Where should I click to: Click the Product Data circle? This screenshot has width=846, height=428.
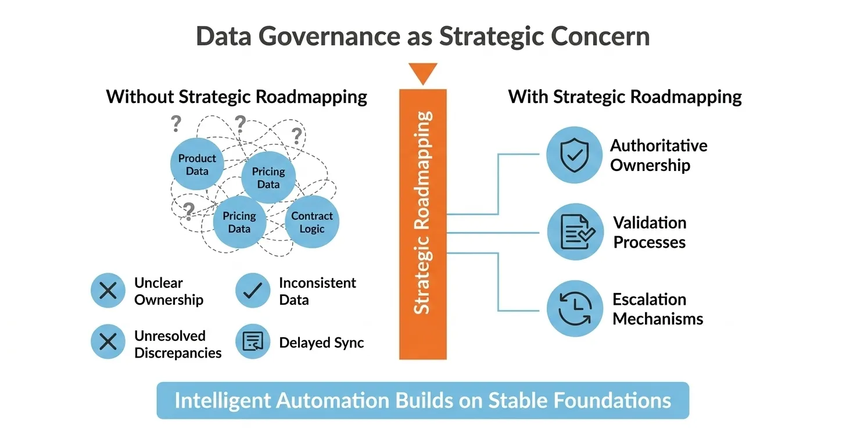click(x=197, y=165)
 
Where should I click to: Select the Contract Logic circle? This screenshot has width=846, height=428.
click(x=312, y=222)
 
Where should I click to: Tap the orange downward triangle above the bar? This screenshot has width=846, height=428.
click(x=422, y=73)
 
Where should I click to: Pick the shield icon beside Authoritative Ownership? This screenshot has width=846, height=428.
click(x=575, y=155)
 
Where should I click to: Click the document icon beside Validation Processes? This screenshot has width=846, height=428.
click(x=575, y=231)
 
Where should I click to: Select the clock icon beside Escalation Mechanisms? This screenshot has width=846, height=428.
click(x=575, y=308)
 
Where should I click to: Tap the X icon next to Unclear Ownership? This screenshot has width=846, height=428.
click(x=108, y=290)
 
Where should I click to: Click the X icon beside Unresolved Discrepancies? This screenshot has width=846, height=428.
click(x=108, y=341)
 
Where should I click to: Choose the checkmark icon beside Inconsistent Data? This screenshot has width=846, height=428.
click(x=253, y=290)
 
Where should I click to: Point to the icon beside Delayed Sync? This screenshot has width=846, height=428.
click(x=253, y=341)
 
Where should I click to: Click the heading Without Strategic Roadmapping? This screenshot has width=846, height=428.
click(x=236, y=97)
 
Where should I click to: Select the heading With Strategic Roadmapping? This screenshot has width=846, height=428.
click(x=625, y=97)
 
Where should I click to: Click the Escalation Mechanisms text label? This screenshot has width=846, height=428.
click(x=657, y=309)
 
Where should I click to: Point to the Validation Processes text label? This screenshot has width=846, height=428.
click(x=650, y=232)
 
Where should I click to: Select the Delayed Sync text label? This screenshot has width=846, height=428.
click(x=321, y=343)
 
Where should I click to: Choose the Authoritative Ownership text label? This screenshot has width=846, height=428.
click(x=658, y=155)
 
